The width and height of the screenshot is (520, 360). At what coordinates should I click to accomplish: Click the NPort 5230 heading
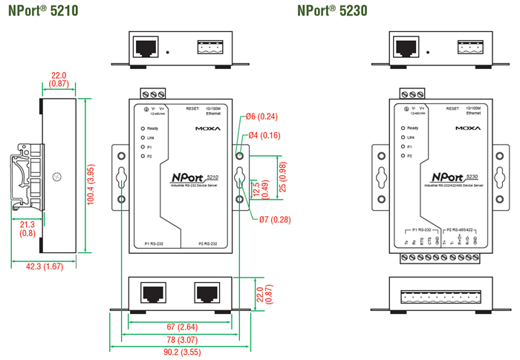click(331, 10)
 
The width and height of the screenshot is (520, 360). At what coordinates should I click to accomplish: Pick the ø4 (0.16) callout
click(264, 135)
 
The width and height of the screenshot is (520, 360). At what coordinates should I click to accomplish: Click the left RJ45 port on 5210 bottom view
click(153, 291)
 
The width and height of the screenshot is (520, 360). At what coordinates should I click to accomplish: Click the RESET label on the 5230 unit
click(452, 108)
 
